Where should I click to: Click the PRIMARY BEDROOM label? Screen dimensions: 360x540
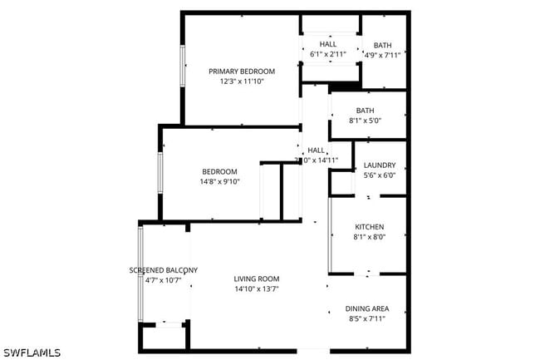(241, 72)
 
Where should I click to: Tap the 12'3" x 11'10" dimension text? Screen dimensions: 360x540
(241, 82)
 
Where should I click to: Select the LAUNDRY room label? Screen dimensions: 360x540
(379, 165)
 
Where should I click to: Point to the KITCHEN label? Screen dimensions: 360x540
(369, 226)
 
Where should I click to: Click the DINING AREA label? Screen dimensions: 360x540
(366, 308)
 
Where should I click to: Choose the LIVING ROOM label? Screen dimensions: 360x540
(256, 279)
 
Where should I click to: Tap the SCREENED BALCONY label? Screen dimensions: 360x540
(163, 270)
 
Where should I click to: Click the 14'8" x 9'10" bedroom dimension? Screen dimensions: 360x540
(219, 182)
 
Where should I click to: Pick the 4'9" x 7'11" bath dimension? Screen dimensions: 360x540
(382, 56)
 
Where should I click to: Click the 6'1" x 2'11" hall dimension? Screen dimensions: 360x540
(327, 55)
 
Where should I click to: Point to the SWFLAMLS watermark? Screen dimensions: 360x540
(31, 353)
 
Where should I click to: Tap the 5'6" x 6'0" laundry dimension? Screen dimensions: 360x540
(379, 175)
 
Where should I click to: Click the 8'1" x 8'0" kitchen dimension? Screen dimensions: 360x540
(369, 237)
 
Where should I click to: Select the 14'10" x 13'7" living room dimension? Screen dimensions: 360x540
(256, 289)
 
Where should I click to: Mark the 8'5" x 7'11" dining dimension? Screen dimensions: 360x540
(366, 318)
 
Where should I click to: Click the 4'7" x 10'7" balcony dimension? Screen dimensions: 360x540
(163, 281)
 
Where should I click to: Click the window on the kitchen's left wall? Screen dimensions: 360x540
(330, 235)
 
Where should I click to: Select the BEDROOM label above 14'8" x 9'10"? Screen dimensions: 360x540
(219, 171)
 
